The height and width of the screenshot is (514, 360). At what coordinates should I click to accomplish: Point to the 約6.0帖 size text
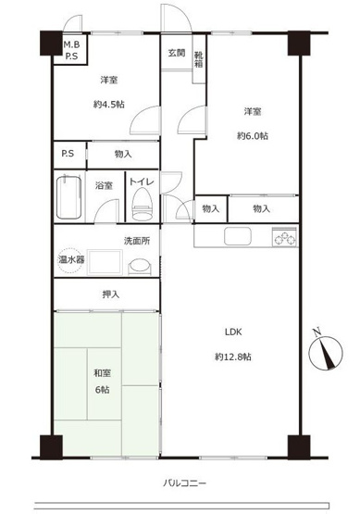click(252, 136)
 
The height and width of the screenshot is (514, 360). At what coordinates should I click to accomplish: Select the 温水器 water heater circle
click(71, 260)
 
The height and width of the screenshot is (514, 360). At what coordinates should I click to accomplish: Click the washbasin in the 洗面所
click(139, 266)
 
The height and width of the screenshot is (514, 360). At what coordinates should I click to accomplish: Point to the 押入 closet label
click(110, 295)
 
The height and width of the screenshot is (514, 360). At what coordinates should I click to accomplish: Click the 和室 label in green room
click(104, 374)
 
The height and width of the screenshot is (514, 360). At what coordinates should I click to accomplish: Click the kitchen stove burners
click(284, 237)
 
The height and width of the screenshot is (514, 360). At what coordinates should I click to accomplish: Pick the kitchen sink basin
click(231, 236)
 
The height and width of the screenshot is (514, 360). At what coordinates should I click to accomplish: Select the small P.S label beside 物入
click(68, 154)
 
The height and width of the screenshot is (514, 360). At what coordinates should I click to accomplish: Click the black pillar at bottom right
click(299, 445)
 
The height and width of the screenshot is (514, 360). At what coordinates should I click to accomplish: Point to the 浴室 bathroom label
click(104, 185)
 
